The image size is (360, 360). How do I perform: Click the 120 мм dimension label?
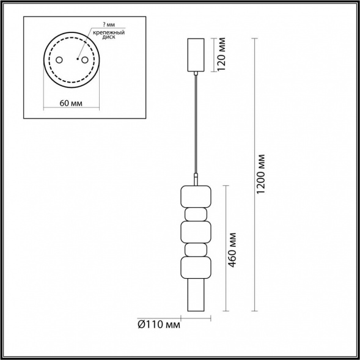221,54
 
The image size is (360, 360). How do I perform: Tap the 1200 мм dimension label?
260,174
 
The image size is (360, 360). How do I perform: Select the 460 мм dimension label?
232,250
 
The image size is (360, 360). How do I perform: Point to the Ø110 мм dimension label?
159,325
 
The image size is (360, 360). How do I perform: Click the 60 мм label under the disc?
71,103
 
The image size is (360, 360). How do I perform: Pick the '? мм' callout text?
109,25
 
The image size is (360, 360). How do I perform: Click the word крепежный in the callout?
109,32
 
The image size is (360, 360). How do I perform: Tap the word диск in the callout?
109,37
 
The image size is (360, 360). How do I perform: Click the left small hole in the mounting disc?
59,60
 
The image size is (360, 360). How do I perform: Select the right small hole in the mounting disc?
85,60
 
